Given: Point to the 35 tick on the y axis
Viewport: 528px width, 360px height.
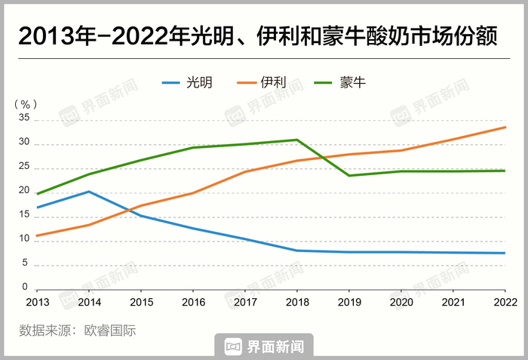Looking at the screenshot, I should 23,118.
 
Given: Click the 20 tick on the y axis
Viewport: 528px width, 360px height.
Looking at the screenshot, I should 23,191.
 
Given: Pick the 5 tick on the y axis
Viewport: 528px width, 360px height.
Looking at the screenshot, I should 26,263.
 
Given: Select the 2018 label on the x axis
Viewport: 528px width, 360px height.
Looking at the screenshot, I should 296,302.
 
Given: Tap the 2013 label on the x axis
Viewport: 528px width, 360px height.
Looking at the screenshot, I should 37,302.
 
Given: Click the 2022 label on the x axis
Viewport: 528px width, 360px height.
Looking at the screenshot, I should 504,302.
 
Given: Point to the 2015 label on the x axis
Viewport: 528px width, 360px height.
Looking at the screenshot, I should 141,302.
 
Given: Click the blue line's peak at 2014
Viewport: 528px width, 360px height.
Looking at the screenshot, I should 89,192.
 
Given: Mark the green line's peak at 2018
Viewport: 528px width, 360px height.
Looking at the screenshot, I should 297,140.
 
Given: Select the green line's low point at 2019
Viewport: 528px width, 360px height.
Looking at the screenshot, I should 349,176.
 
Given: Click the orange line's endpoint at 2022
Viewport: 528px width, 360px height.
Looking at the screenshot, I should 505,127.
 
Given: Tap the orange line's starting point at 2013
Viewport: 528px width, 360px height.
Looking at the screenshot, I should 37,235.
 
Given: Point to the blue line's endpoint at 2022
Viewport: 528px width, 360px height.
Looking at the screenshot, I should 505,253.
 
